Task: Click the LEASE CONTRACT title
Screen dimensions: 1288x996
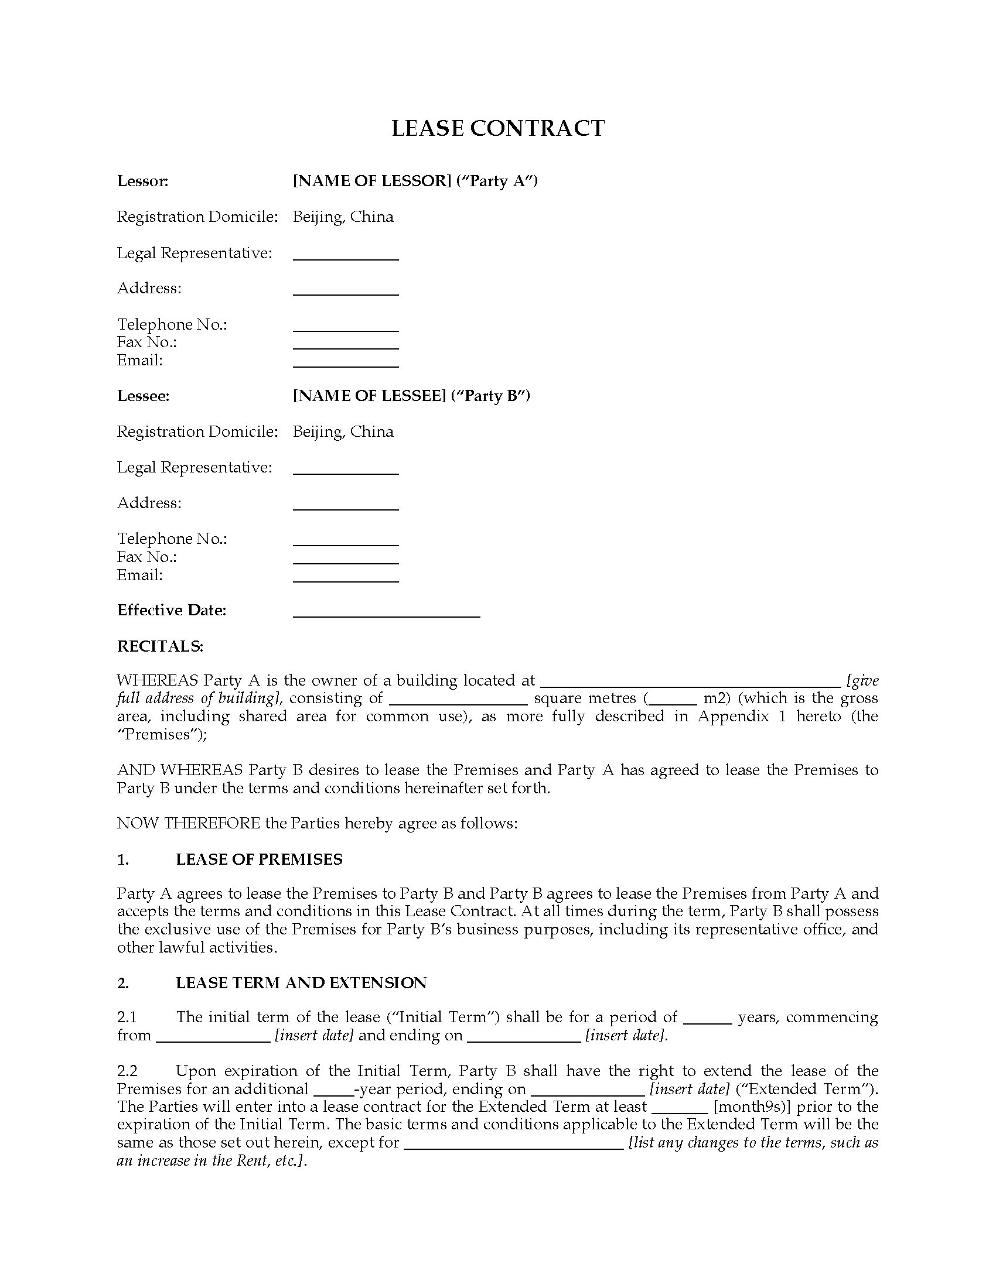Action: pyautogui.click(x=497, y=129)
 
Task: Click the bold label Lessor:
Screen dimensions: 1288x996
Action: pyautogui.click(x=143, y=181)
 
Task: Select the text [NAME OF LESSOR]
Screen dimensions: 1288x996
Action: pyautogui.click(x=371, y=181)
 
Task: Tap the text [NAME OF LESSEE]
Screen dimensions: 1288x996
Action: pyautogui.click(x=369, y=396)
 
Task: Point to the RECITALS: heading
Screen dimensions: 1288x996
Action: pyautogui.click(x=160, y=646)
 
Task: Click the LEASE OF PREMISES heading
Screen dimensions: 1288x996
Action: pyautogui.click(x=259, y=859)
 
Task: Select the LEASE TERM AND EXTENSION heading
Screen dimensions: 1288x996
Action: pyautogui.click(x=301, y=982)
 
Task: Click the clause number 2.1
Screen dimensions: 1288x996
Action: pyautogui.click(x=127, y=1017)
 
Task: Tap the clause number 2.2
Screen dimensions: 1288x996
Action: pyautogui.click(x=127, y=1070)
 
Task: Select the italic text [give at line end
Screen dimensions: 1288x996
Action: pyautogui.click(x=862, y=680)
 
